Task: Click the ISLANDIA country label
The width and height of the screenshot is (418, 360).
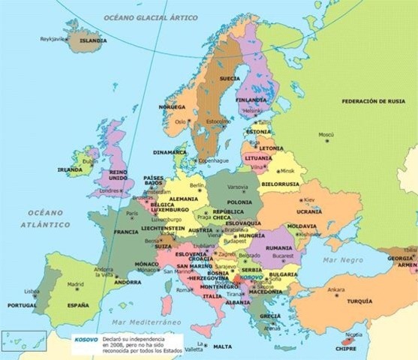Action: (93, 40)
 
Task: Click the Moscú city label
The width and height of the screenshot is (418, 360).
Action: (326, 135)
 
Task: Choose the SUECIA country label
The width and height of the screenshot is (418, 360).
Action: (230, 78)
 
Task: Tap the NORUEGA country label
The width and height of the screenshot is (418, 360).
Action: (172, 107)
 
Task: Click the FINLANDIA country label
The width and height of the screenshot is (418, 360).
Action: (251, 99)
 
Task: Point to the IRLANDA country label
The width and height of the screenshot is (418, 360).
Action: (70, 169)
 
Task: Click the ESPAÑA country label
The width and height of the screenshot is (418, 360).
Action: (77, 306)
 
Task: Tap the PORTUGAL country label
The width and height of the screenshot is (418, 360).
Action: (22, 306)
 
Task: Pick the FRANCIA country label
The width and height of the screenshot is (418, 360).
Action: (125, 232)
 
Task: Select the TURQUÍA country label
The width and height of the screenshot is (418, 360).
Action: (359, 301)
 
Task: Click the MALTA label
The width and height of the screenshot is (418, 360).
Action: (222, 346)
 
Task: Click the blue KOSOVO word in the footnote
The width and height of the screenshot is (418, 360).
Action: (85, 338)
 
